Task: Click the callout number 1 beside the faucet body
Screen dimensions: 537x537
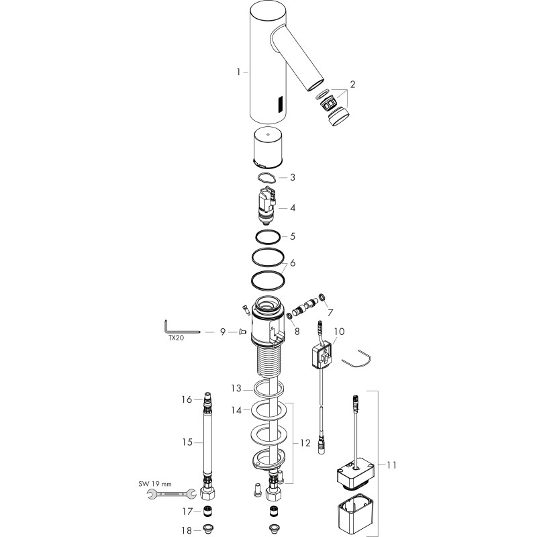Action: point(238,72)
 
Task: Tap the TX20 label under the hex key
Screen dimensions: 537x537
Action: point(176,338)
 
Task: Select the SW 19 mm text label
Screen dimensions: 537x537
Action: point(155,484)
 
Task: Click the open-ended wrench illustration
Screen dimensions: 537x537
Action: point(172,494)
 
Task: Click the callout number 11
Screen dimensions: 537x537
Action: point(391,465)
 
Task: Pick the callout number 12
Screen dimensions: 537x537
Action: point(305,443)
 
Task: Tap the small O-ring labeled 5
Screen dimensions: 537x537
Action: point(267,236)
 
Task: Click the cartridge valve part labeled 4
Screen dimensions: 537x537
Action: point(267,205)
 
